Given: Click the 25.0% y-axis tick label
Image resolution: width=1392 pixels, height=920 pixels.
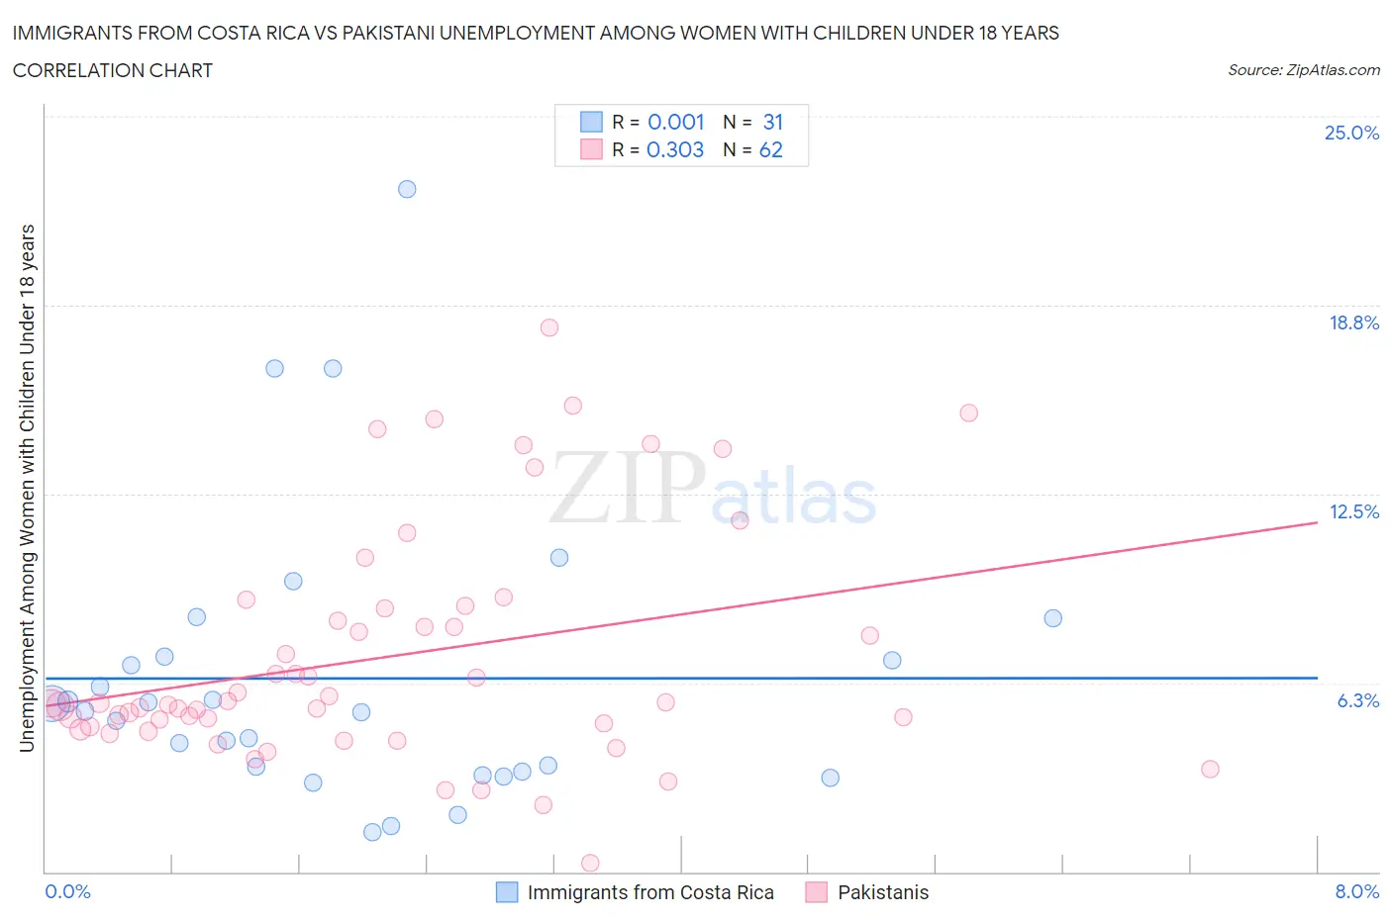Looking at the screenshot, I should click(x=1351, y=133).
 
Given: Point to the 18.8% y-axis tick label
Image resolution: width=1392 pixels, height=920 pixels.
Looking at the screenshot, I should click(x=1353, y=322).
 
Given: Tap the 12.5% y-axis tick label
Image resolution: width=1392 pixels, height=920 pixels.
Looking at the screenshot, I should click(x=1353, y=511).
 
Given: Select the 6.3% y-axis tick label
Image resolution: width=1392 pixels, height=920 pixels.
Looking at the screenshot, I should click(x=1357, y=700).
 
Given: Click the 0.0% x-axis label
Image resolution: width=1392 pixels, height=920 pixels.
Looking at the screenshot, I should click(x=67, y=891).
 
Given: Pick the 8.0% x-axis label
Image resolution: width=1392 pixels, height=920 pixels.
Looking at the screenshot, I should click(x=1356, y=891).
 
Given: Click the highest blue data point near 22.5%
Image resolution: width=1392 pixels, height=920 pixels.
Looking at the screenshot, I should click(x=407, y=189).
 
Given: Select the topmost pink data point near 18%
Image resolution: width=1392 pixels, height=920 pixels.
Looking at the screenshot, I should click(x=549, y=327).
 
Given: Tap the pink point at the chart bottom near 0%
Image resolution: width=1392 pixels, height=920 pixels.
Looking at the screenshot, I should click(x=590, y=863).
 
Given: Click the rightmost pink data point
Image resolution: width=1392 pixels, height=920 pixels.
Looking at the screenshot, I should click(x=1210, y=769).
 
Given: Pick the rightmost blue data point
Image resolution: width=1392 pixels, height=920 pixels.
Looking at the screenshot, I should click(x=1053, y=618).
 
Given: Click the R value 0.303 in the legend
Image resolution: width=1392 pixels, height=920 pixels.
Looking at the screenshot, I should click(x=675, y=149).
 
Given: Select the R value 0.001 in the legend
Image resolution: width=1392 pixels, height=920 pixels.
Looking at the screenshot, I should click(x=675, y=122).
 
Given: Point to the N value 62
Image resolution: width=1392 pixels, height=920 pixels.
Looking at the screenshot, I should click(x=770, y=149).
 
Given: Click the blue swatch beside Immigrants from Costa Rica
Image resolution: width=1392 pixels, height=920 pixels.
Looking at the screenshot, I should click(x=507, y=892).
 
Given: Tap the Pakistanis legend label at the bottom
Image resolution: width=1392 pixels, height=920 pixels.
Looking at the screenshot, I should click(x=883, y=892).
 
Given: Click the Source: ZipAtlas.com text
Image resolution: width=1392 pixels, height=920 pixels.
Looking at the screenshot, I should click(x=1303, y=69).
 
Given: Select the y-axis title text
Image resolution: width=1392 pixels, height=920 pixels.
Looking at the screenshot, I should click(x=28, y=488).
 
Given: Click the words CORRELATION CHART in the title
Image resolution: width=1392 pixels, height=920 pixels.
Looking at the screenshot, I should click(x=113, y=70).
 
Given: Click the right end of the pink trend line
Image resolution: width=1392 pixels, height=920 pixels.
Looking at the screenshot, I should click(x=1317, y=522).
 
